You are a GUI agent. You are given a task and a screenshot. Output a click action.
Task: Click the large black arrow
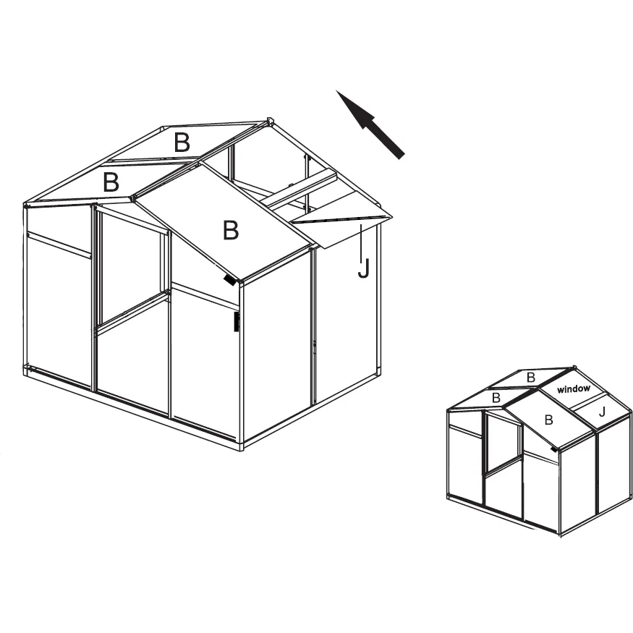point(370,124)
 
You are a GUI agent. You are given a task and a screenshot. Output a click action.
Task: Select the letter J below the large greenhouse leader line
point(363,268)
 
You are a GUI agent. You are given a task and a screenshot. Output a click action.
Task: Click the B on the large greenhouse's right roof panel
point(231,230)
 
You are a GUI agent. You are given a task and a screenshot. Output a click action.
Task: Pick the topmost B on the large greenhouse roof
point(182,142)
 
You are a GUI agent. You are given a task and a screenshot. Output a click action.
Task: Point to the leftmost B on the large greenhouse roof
point(111,182)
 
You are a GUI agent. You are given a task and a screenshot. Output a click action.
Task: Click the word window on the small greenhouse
point(573,388)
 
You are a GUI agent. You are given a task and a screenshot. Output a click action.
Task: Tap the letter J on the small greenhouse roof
point(603,412)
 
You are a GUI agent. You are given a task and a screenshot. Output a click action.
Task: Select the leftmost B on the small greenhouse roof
point(496,398)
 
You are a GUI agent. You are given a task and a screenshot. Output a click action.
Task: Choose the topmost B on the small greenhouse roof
point(531,378)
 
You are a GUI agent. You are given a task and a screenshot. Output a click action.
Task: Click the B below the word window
point(548,420)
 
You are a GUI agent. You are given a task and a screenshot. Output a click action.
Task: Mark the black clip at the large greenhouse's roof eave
point(230,280)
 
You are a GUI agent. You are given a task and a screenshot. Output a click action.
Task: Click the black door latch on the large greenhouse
point(237,322)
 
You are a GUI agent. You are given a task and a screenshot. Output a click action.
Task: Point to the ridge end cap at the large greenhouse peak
point(270,121)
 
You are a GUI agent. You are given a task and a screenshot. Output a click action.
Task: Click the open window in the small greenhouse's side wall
point(504,443)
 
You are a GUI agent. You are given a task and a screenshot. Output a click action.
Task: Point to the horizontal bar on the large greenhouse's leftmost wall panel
point(59,245)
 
